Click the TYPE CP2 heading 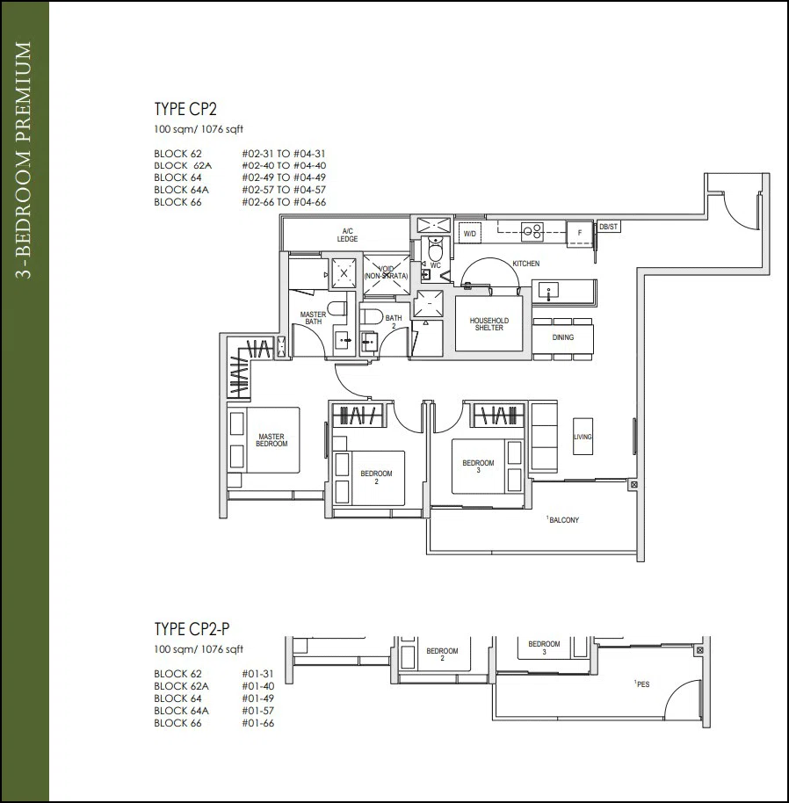coord(185,109)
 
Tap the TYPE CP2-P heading coord(192,629)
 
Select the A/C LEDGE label coord(347,235)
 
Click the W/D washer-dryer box coord(469,234)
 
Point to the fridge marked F coord(580,233)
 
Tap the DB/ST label coord(609,227)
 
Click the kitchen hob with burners coord(532,231)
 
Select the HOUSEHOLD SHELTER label coord(489,324)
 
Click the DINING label coord(562,337)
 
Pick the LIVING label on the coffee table coord(583,437)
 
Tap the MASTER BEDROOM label coord(271,440)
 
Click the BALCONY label coord(564,520)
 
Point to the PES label coord(643,684)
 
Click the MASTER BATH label coord(313,318)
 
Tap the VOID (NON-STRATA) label coord(386,272)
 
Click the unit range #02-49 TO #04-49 coord(284,177)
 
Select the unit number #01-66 coord(258,723)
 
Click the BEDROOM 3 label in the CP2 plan coord(478,467)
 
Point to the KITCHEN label coord(525,264)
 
